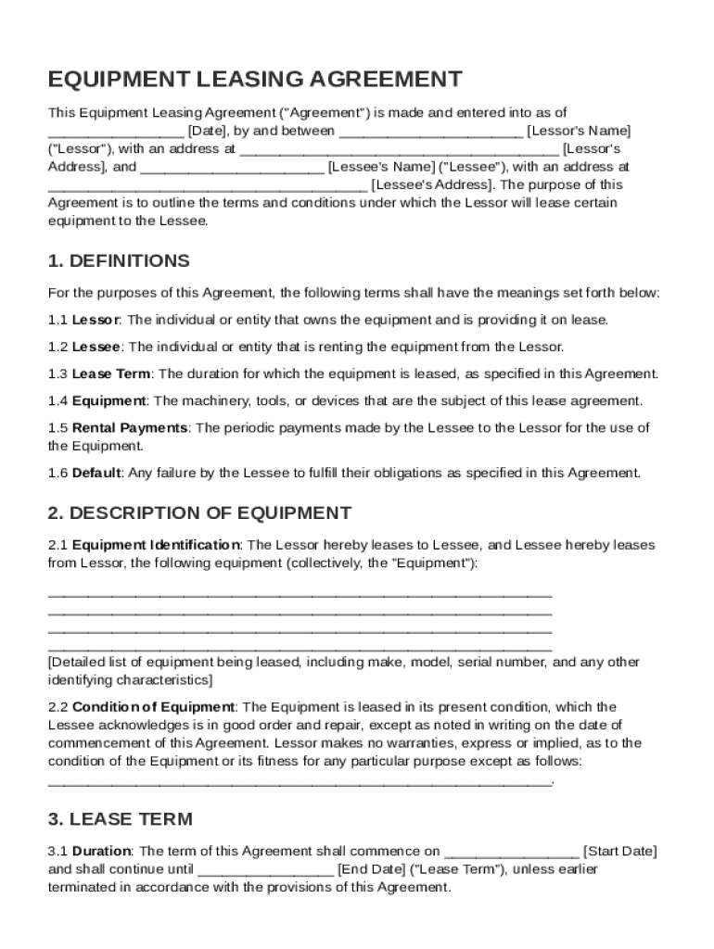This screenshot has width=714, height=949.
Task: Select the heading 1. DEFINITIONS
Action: [119, 260]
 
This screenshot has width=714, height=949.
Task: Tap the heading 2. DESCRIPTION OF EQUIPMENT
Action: [199, 512]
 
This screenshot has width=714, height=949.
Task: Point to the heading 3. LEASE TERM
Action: [121, 818]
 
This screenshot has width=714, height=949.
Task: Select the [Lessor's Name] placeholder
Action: [579, 131]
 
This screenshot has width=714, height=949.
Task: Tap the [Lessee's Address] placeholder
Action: [432, 184]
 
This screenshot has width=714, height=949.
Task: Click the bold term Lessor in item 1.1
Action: [96, 320]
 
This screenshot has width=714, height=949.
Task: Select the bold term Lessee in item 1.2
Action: [96, 347]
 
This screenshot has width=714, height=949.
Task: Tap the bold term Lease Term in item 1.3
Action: [111, 374]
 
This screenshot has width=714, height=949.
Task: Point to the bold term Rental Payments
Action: [130, 427]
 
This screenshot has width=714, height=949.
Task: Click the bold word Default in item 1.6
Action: [96, 473]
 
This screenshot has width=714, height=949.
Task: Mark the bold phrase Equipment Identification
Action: [156, 545]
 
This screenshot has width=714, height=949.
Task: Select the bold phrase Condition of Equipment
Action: [153, 707]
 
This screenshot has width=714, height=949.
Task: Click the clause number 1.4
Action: [57, 401]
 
